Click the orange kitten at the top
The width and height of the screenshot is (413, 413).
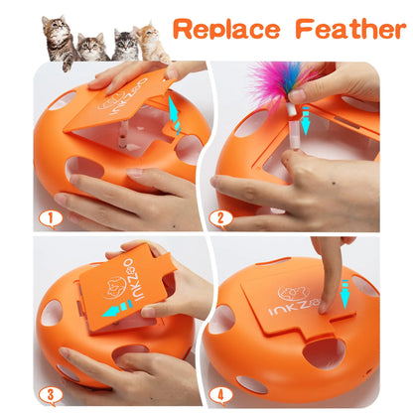(x=151, y=42)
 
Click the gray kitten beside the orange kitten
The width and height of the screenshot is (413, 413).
(x=124, y=45)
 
